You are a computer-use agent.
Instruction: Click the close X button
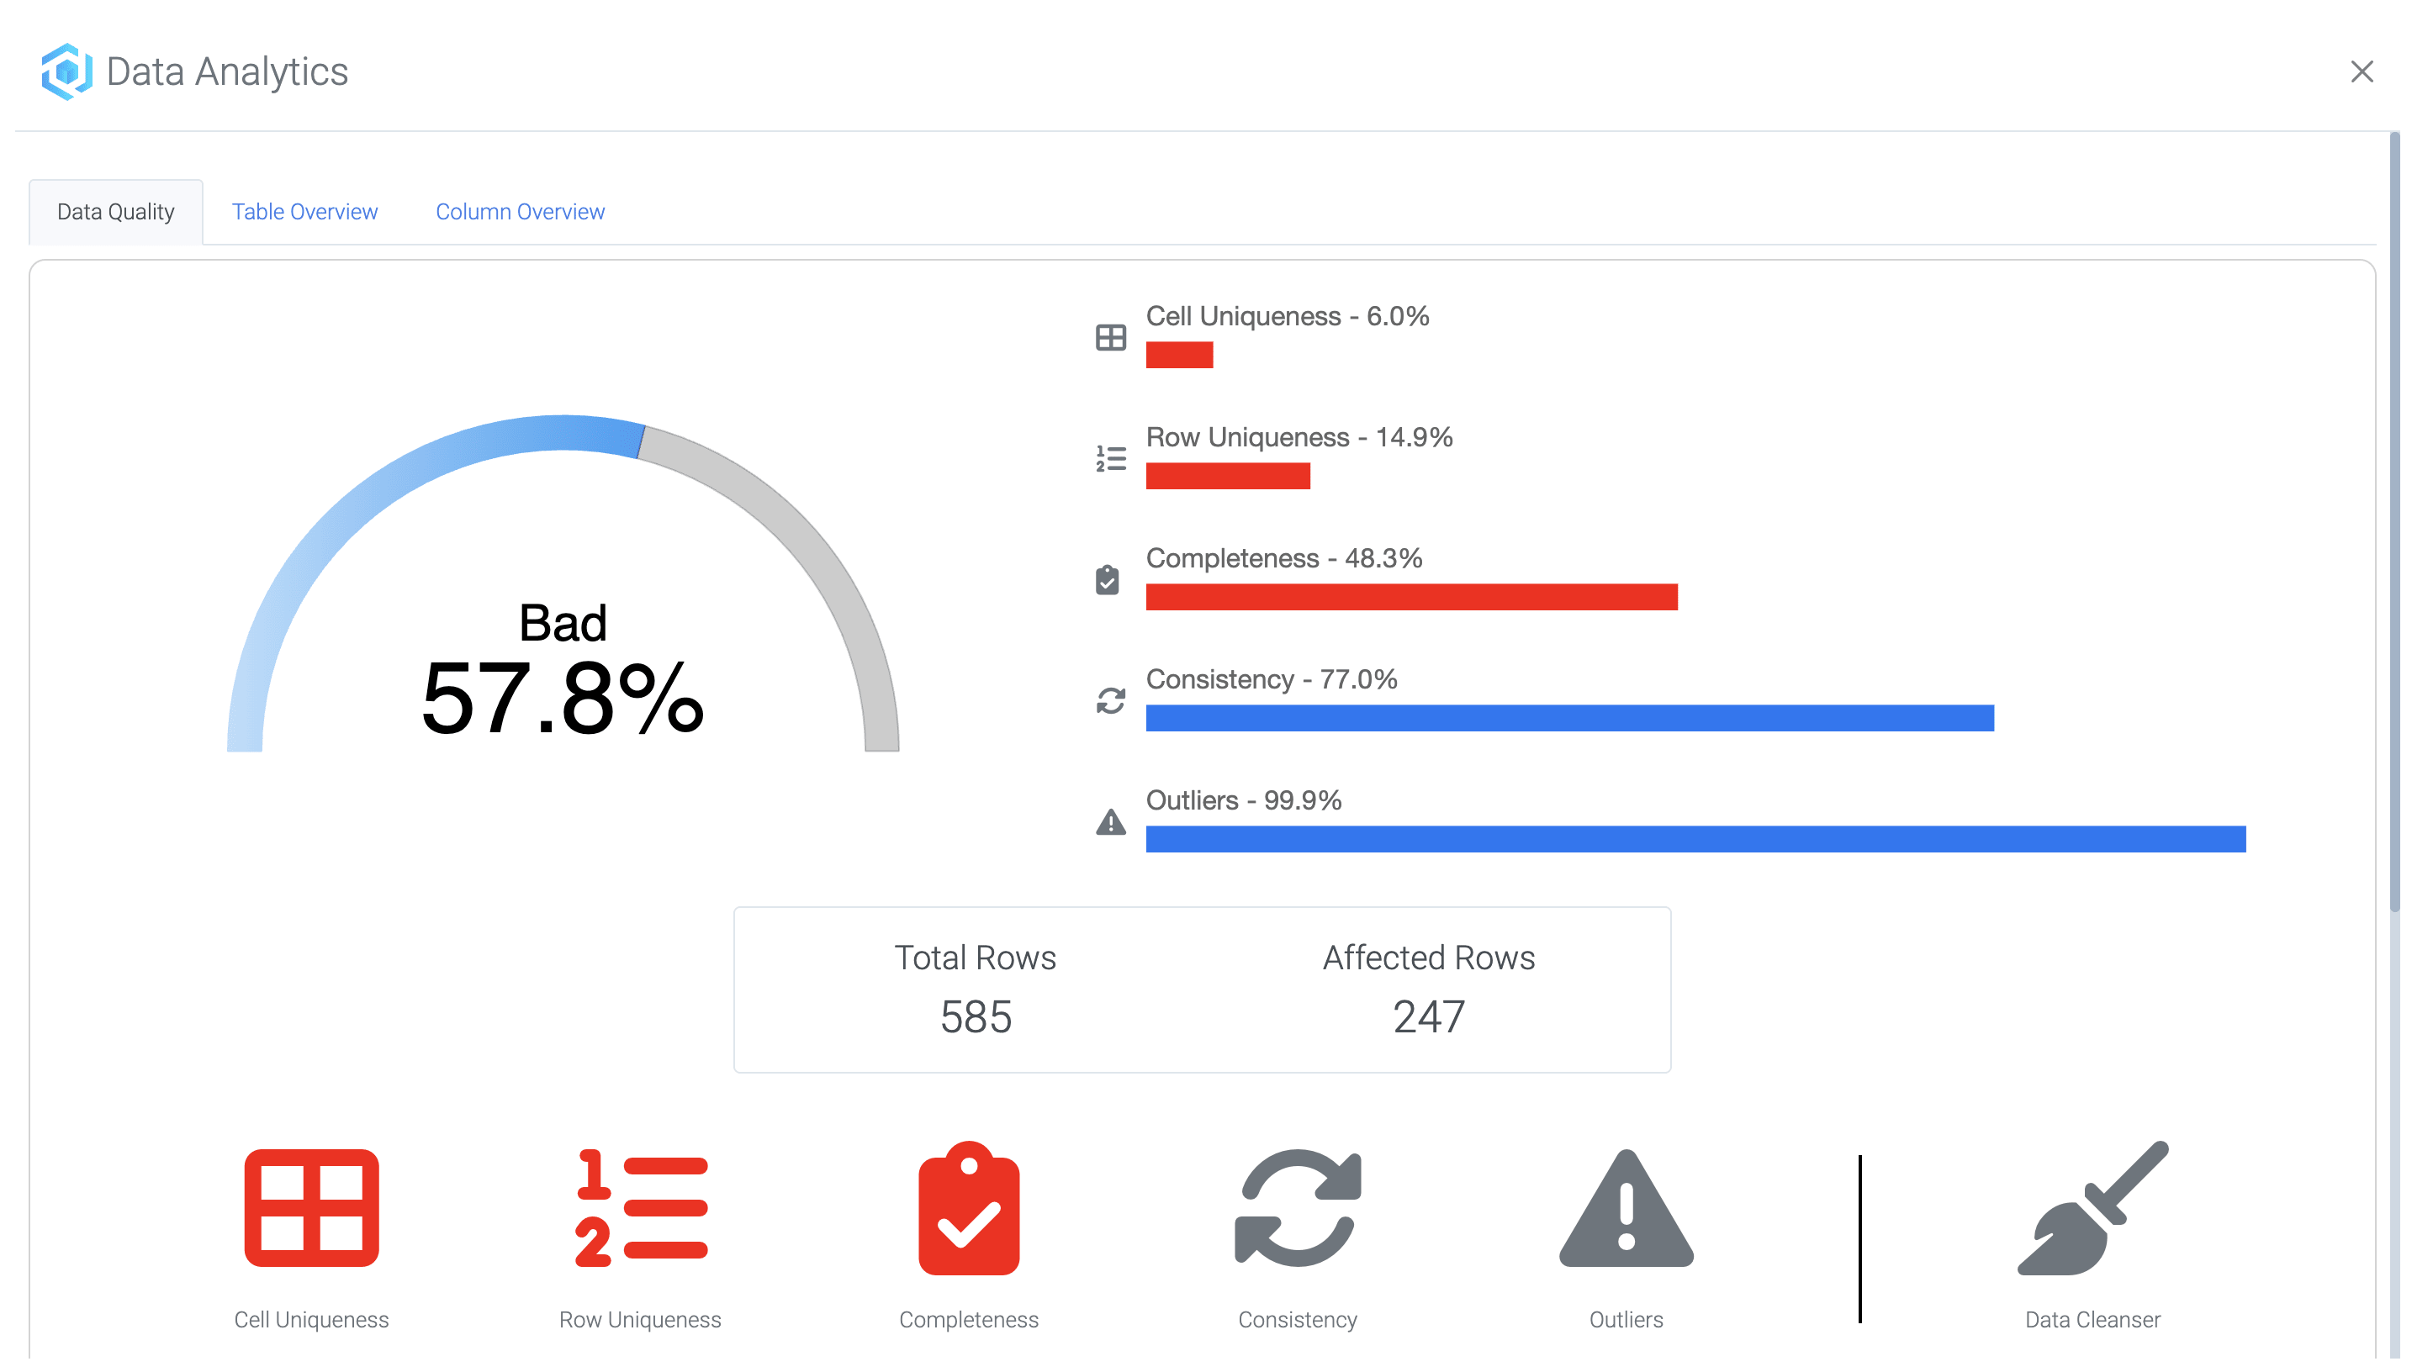(x=2361, y=71)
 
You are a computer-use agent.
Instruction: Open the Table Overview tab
(x=304, y=212)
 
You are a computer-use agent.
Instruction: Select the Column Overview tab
(x=520, y=212)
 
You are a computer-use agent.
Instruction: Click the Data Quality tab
(x=116, y=212)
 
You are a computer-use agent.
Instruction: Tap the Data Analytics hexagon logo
(x=66, y=71)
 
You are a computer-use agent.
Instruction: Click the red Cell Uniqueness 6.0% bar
(x=1179, y=356)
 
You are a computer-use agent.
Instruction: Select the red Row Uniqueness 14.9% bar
(x=1227, y=476)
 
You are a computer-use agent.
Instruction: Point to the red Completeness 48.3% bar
(x=1411, y=598)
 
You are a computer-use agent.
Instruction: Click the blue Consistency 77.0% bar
(x=1569, y=718)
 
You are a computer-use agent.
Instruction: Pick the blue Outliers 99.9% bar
(x=1695, y=840)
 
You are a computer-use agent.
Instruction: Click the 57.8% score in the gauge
(x=563, y=699)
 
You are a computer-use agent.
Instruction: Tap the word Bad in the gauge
(x=563, y=623)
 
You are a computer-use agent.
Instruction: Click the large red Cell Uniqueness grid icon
(x=311, y=1208)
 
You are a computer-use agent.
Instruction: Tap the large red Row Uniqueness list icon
(x=641, y=1208)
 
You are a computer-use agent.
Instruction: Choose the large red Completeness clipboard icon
(x=968, y=1208)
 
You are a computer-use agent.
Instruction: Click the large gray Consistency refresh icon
(x=1297, y=1208)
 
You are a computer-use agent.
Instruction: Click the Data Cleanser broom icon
(x=2092, y=1208)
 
